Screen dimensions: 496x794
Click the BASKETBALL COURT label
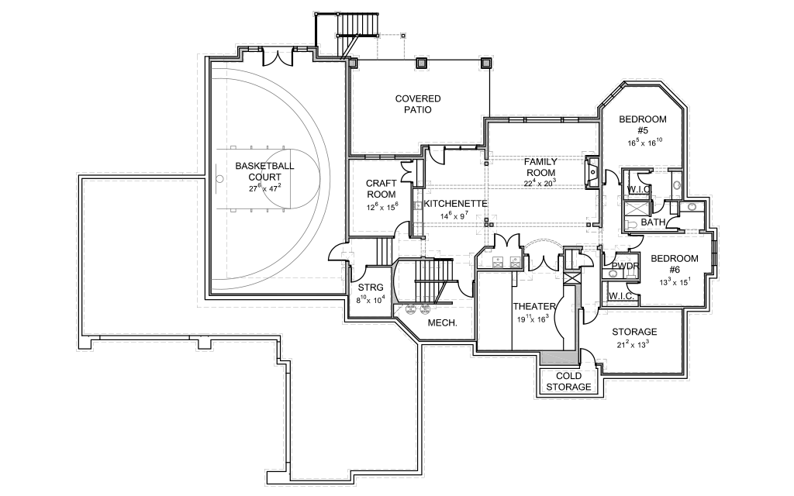[264, 171]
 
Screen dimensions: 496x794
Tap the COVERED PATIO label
[418, 104]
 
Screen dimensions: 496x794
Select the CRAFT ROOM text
[381, 188]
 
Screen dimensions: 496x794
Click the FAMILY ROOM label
[540, 167]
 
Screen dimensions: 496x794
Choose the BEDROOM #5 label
[643, 125]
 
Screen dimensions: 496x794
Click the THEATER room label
[533, 306]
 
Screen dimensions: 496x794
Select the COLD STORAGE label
[568, 381]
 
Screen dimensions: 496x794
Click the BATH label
[653, 222]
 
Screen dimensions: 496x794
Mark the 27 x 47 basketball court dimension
[264, 188]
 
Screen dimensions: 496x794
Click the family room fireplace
[591, 172]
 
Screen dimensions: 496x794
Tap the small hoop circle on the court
[219, 180]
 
